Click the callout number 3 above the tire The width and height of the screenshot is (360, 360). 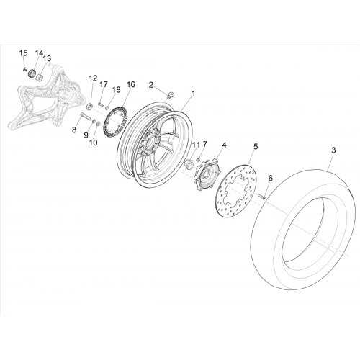click(333, 150)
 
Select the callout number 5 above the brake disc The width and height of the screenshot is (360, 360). click(256, 146)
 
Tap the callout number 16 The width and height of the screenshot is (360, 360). click(131, 84)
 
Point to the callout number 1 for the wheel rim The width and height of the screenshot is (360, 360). click(194, 93)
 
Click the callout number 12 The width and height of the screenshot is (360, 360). click(93, 78)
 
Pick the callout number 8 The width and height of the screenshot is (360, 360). click(74, 130)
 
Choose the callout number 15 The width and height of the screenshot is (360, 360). click(24, 53)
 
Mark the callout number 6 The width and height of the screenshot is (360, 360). click(271, 178)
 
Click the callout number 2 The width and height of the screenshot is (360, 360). click(151, 85)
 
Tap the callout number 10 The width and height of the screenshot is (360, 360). click(94, 143)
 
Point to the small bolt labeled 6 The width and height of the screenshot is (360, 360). click(261, 197)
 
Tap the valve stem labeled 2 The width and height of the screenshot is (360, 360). click(171, 94)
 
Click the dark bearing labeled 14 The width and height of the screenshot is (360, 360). click(32, 73)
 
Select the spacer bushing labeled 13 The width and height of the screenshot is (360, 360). click(40, 77)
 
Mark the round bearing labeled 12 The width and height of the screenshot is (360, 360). click(89, 106)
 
